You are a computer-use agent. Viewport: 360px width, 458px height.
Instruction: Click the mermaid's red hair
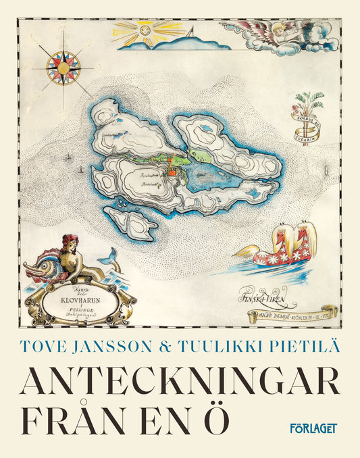(x=69, y=241)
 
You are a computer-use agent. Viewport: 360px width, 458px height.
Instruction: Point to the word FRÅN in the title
(x=75, y=419)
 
